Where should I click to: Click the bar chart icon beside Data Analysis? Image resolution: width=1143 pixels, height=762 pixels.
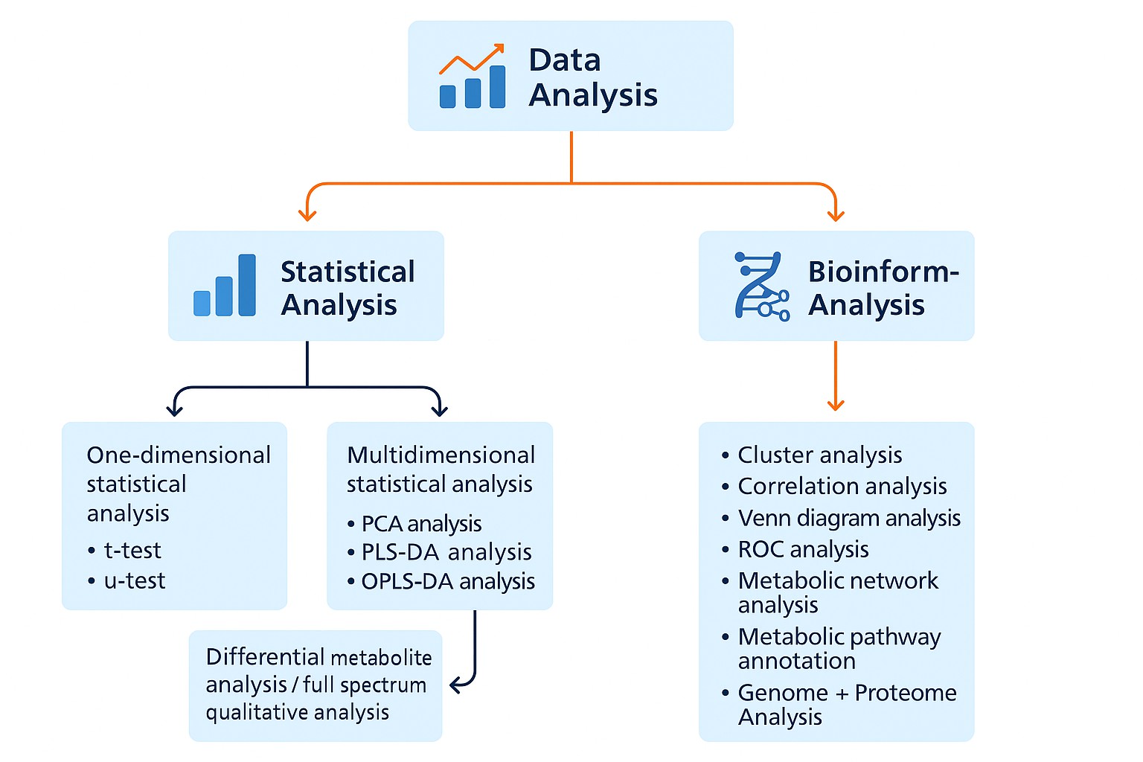point(472,77)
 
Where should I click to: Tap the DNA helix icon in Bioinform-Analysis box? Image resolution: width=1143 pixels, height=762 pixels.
point(761,286)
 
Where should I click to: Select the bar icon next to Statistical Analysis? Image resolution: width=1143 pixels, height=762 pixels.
point(225,286)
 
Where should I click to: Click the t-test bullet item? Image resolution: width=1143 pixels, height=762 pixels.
point(132,551)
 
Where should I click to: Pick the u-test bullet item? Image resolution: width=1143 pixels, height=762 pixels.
point(134,581)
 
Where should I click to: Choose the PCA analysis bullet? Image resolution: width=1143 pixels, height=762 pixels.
point(421,524)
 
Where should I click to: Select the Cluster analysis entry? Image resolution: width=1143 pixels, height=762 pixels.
point(819,455)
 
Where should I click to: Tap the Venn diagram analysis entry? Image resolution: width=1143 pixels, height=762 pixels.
point(849,518)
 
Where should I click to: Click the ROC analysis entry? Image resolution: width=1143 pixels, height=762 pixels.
point(803,550)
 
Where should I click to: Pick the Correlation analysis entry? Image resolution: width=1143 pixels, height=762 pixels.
point(842,487)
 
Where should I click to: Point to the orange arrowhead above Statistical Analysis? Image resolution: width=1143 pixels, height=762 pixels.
point(307,215)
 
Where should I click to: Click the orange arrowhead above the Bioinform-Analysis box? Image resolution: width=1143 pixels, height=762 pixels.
point(836,215)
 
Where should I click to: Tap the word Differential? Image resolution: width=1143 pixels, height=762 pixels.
point(265,657)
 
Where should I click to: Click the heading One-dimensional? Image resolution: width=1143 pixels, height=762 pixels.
point(179,455)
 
